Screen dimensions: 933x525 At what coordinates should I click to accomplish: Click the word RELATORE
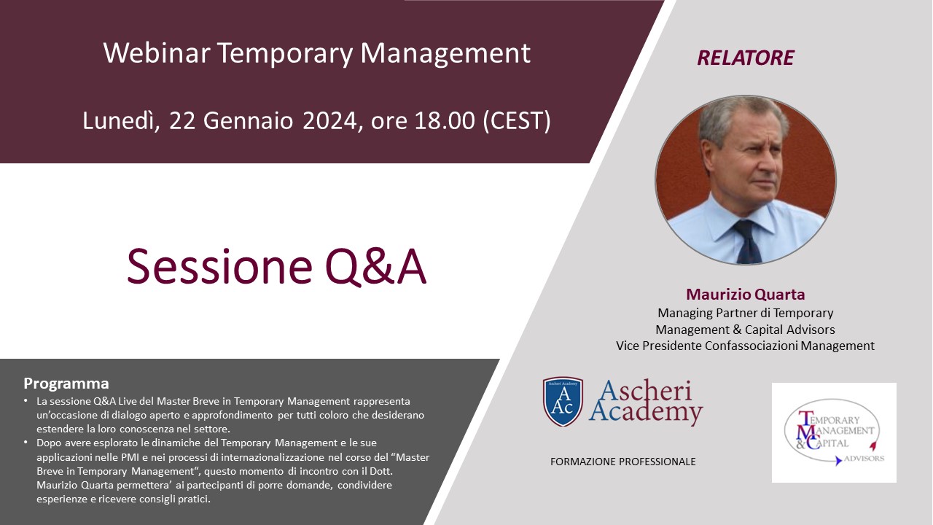(746, 58)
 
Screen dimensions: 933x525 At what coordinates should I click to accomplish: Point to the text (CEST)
(517, 121)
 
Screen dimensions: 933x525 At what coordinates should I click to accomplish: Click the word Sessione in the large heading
(219, 267)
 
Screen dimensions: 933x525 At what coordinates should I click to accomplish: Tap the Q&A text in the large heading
(375, 267)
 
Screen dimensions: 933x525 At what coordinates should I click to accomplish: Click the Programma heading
(66, 384)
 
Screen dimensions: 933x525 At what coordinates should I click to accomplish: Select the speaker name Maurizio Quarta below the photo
(746, 294)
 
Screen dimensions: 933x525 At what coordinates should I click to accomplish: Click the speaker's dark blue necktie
(749, 241)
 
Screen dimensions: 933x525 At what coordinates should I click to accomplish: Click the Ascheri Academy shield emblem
(563, 402)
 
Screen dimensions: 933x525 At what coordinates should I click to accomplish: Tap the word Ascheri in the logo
(646, 391)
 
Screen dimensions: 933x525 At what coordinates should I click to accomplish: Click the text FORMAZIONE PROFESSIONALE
(623, 462)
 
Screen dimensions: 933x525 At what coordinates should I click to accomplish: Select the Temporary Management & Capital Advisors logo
(834, 433)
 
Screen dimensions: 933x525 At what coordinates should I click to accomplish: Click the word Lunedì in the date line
(121, 121)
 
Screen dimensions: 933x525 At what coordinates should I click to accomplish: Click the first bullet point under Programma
(26, 401)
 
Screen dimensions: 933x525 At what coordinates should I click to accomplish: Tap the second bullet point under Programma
(26, 443)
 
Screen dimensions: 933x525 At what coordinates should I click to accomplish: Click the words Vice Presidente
(659, 346)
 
